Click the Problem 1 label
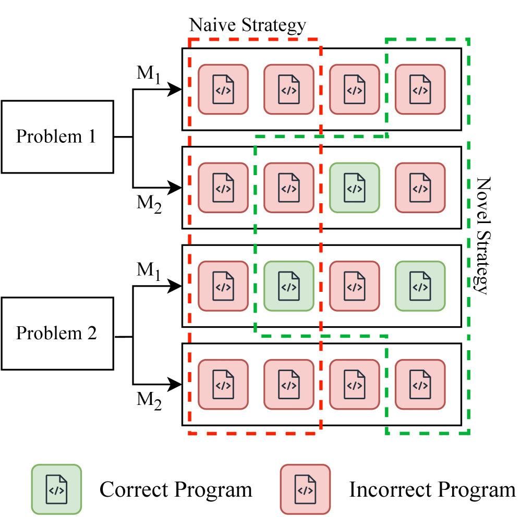pos(57,137)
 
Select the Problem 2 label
pos(57,333)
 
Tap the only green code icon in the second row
pos(355,188)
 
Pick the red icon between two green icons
pos(355,286)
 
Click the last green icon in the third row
pos(420,286)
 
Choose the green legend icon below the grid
pos(56,489)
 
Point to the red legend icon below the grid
pos(305,489)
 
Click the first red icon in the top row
pos(223,89)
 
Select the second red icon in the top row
pos(289,89)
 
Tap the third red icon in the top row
pos(355,89)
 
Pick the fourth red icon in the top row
pos(420,89)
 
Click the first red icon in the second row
pos(223,188)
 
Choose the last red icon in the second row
pos(420,188)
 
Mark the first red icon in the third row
pos(223,286)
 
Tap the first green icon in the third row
pos(289,286)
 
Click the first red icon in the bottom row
pos(223,385)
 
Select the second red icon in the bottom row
pos(289,385)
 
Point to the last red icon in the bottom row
pos(420,385)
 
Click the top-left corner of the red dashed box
pos(189,39)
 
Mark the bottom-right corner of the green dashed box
pos(469,433)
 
